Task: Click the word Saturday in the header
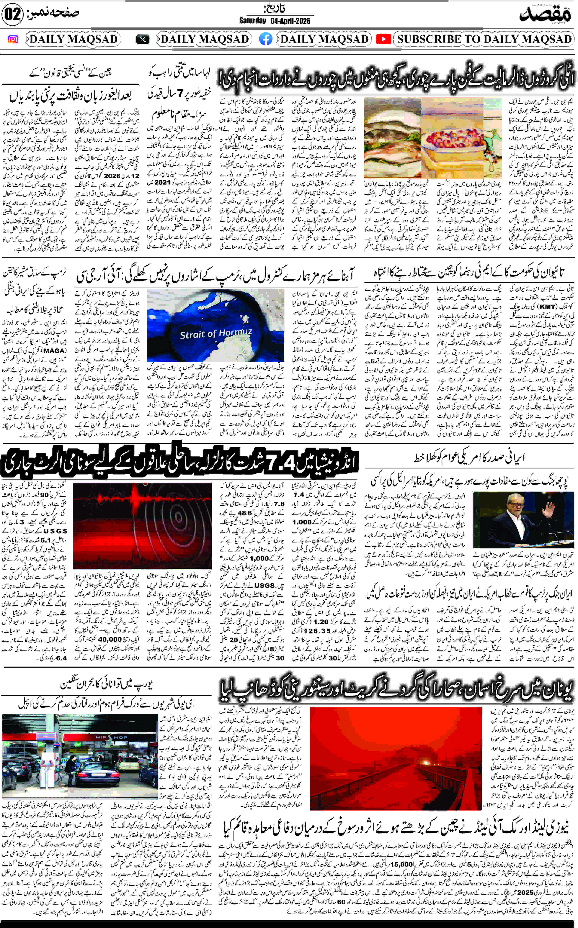point(252,21)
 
